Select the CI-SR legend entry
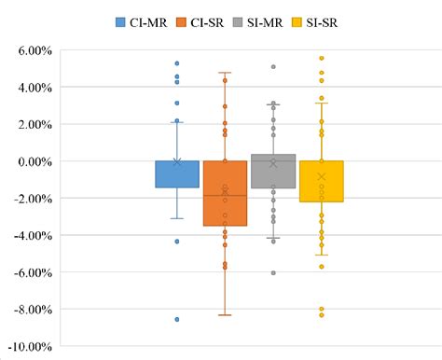pyautogui.click(x=193, y=21)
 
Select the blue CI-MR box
pyautogui.click(x=176, y=174)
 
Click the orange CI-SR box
pyautogui.click(x=225, y=193)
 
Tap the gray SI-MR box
pyautogui.click(x=273, y=172)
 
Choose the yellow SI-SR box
pyautogui.click(x=322, y=181)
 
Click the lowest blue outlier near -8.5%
pyautogui.click(x=176, y=319)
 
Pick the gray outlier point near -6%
pyautogui.click(x=273, y=272)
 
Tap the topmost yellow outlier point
pyautogui.click(x=322, y=58)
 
